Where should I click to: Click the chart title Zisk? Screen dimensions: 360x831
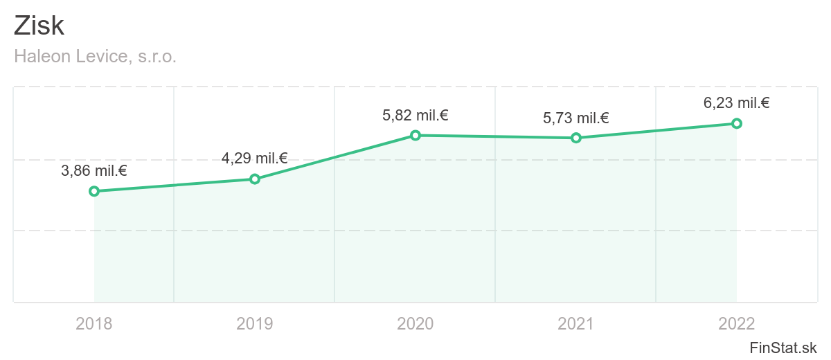(39, 26)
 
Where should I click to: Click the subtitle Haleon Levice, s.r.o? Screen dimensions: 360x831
(96, 57)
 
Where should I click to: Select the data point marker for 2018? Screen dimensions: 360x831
(94, 191)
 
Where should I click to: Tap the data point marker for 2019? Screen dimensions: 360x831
(255, 179)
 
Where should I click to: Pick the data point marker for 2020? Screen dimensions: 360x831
(415, 135)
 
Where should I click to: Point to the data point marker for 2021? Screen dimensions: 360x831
(576, 138)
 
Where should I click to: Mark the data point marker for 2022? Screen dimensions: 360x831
(737, 123)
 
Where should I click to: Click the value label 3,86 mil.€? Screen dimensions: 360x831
(94, 171)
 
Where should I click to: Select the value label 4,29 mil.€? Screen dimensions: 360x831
(255, 159)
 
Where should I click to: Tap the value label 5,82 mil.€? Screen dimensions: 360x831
(415, 115)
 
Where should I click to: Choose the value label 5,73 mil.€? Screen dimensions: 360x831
(576, 118)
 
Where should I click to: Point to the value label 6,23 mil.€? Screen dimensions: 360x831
(737, 103)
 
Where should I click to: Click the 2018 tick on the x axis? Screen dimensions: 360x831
(94, 323)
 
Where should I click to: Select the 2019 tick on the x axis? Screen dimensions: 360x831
(255, 323)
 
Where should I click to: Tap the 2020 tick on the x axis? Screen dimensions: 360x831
(415, 323)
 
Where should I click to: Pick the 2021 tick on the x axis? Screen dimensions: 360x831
(576, 323)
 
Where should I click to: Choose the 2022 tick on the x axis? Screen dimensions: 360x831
(737, 323)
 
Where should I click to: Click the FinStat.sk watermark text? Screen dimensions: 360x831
(783, 348)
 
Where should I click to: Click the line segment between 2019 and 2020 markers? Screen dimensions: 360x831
(335, 157)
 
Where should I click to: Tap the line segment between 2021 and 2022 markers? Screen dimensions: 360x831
(656, 131)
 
